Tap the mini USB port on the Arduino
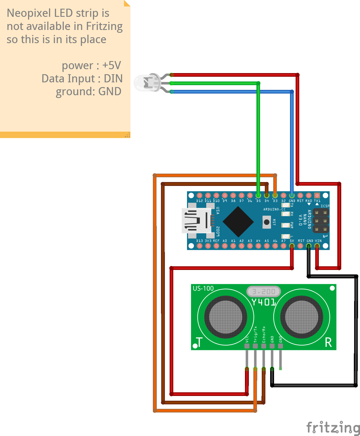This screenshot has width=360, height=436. [x=196, y=221]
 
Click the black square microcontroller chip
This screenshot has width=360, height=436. [x=238, y=222]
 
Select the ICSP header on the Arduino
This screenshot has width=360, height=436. [x=321, y=221]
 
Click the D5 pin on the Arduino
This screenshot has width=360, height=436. [x=258, y=195]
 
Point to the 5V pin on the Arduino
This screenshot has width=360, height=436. [x=292, y=246]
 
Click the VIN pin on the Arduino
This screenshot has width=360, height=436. [x=317, y=246]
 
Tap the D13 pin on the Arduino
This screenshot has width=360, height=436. [x=199, y=246]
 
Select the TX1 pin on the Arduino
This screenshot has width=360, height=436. [x=317, y=195]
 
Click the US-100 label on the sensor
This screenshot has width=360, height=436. [x=203, y=288]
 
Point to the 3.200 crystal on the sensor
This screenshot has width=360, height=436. [x=263, y=292]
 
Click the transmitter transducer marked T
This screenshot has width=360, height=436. [x=226, y=317]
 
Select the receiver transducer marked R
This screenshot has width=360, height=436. [x=301, y=317]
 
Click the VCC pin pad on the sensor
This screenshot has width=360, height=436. [x=247, y=346]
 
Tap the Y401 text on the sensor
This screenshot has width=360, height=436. [x=263, y=302]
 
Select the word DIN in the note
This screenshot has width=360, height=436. [x=113, y=79]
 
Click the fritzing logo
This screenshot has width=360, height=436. [x=333, y=427]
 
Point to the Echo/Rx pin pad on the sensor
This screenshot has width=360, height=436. [x=263, y=346]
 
